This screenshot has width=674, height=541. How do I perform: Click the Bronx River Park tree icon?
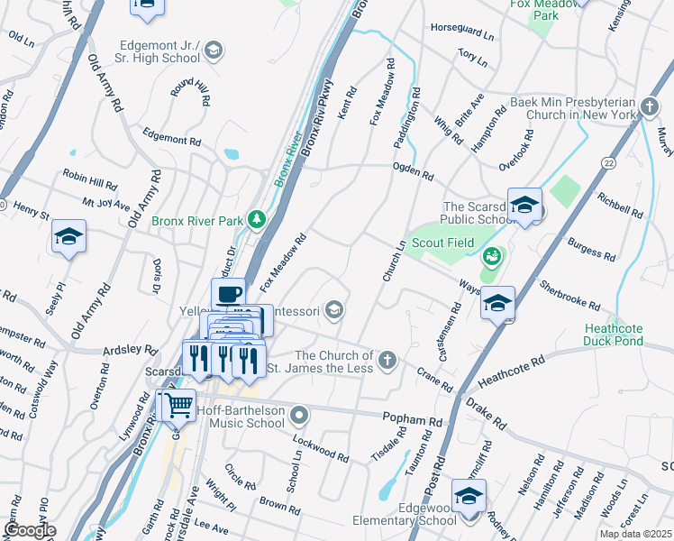[257, 220]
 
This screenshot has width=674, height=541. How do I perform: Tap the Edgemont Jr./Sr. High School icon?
[214, 50]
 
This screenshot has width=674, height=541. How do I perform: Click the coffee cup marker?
[228, 293]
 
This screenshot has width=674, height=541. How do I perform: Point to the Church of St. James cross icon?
[387, 362]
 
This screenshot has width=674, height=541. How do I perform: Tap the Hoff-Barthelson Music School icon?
[300, 415]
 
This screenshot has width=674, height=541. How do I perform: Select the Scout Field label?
[440, 243]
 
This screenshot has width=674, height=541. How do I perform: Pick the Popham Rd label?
[413, 421]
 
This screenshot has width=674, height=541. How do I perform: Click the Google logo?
[30, 529]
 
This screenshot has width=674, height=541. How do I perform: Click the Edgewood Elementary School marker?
[469, 496]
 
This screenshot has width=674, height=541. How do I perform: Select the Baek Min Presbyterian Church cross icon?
[649, 108]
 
